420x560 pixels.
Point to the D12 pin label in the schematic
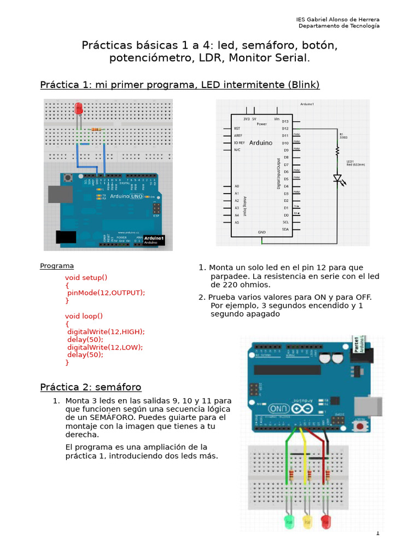285,129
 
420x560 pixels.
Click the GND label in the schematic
261,232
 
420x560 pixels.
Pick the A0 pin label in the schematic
236,186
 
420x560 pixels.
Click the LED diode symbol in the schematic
337,178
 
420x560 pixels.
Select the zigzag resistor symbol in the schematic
337,149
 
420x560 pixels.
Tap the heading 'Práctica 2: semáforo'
91,387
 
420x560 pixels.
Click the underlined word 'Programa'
57,266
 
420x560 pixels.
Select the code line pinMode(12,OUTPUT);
106,293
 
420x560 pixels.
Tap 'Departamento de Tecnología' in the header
339,26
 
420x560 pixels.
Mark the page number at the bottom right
377,533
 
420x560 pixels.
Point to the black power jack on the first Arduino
66,237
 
